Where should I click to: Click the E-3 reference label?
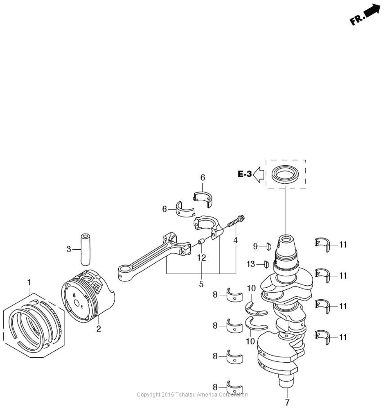click(x=245, y=174)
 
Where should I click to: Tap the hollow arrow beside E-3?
click(x=258, y=174)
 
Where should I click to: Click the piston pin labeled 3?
click(x=85, y=249)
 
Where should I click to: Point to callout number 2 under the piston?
click(x=99, y=329)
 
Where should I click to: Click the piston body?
click(x=88, y=296)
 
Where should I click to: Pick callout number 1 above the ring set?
click(x=29, y=283)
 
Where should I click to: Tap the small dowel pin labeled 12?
click(x=201, y=241)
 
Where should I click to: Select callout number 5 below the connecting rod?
click(x=201, y=284)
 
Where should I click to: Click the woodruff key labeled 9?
click(x=268, y=247)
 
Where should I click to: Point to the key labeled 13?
click(x=266, y=265)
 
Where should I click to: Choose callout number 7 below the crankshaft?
click(x=287, y=402)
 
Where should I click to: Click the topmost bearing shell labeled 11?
click(x=322, y=244)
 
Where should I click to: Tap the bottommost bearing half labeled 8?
click(x=234, y=387)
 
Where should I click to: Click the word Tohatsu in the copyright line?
click(x=185, y=395)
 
